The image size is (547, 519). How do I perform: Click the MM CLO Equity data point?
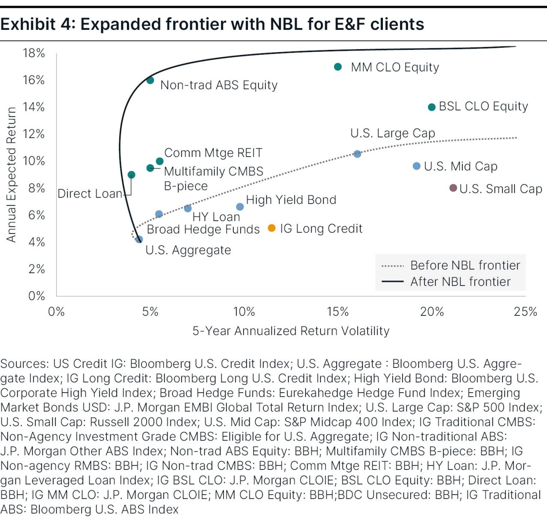pyautogui.click(x=338, y=67)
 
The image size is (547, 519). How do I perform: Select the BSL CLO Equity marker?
pyautogui.click(x=432, y=107)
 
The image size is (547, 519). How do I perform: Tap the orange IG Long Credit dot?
pyautogui.click(x=271, y=228)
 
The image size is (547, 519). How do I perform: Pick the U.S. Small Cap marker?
pyautogui.click(x=453, y=188)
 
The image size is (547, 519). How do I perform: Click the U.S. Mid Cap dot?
pyautogui.click(x=417, y=166)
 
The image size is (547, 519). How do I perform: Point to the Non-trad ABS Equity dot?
pyautogui.click(x=150, y=80)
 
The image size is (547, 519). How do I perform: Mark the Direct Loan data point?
pyautogui.click(x=131, y=175)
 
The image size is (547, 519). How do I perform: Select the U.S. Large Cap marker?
pyautogui.click(x=357, y=154)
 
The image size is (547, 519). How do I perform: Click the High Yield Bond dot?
pyautogui.click(x=240, y=207)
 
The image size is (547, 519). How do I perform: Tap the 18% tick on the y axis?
pyautogui.click(x=34, y=53)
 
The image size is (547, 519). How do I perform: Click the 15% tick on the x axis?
pyautogui.click(x=338, y=312)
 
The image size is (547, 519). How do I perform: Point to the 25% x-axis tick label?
pyautogui.click(x=525, y=312)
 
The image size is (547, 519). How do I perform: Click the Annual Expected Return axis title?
pyautogui.click(x=11, y=175)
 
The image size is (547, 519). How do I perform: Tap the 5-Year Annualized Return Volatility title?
pyautogui.click(x=291, y=331)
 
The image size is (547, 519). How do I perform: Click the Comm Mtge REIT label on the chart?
pyautogui.click(x=213, y=153)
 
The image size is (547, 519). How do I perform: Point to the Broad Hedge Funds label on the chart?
pyautogui.click(x=203, y=229)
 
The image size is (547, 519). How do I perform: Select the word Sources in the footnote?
pyautogui.click(x=24, y=364)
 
